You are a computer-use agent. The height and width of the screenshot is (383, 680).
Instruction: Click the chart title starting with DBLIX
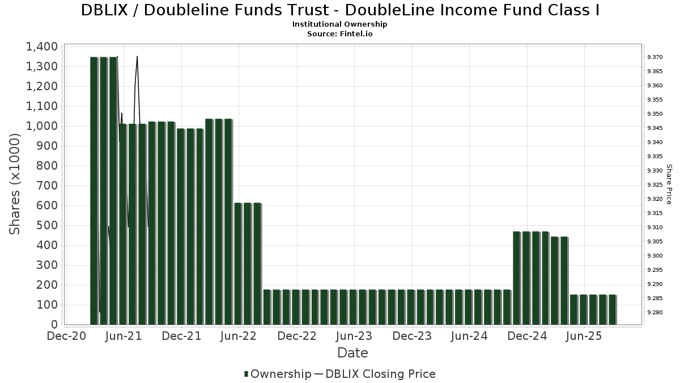[340, 10]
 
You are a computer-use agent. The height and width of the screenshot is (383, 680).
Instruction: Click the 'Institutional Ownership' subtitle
[340, 24]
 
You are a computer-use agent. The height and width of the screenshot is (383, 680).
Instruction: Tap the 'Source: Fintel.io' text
[340, 33]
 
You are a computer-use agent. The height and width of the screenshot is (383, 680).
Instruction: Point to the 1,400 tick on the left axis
[41, 47]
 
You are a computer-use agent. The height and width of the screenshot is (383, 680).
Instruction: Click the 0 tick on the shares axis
[54, 325]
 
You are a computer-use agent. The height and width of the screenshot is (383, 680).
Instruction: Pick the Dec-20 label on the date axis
[66, 336]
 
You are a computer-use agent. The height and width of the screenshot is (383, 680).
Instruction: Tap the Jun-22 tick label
[239, 336]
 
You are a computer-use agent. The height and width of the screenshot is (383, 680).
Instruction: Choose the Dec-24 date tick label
[527, 336]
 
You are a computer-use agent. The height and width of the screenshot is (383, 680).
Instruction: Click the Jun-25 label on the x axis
[584, 336]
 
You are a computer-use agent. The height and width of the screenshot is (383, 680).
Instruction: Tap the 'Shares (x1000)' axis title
[15, 184]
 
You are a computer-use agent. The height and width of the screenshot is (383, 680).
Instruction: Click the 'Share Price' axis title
[669, 184]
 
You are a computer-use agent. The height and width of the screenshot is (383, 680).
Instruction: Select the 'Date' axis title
[352, 353]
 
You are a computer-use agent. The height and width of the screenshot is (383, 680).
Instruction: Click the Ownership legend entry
[278, 374]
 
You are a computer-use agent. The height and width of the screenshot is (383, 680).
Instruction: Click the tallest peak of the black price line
[137, 57]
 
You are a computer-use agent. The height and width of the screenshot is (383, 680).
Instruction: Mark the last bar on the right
[612, 309]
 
